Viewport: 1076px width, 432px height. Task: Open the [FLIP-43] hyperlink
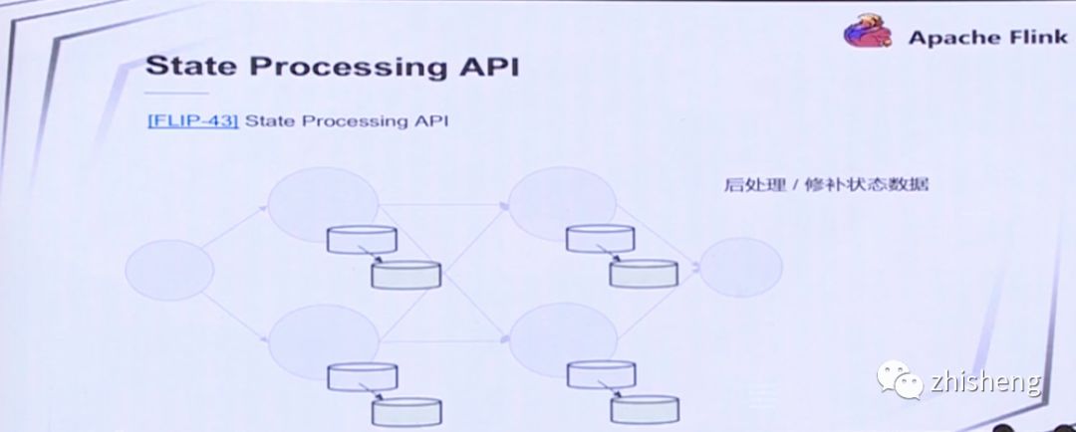click(x=192, y=121)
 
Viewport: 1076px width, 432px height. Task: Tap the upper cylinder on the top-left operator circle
click(x=363, y=239)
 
